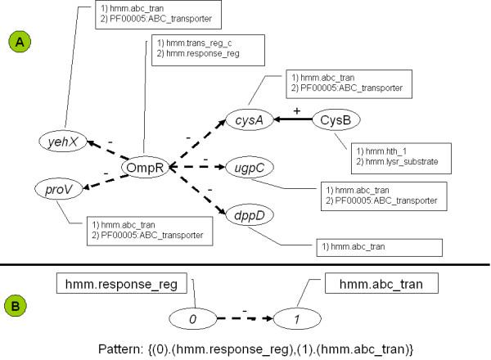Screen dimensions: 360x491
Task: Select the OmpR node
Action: coord(146,167)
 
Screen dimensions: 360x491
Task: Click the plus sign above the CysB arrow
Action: coord(284,109)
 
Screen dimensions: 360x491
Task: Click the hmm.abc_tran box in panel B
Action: coord(370,284)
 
